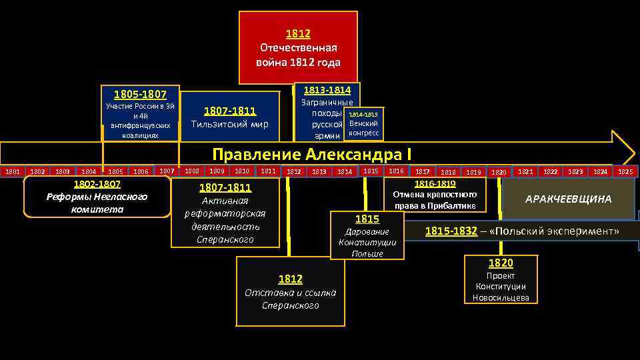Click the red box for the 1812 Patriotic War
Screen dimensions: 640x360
point(298,48)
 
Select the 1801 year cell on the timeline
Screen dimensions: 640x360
point(13,172)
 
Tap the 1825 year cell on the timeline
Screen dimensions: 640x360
point(625,171)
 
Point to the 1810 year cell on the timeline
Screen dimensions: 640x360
point(242,171)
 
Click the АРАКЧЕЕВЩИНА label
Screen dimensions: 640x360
point(568,199)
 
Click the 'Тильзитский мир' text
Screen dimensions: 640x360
point(229,125)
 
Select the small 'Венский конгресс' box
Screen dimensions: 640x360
point(363,128)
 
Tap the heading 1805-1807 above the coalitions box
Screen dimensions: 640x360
point(140,95)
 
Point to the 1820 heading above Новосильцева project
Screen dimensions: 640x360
point(501,263)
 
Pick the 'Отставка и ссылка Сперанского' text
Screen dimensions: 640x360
point(290,299)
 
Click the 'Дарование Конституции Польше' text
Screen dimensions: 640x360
point(367,243)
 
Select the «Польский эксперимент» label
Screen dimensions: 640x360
point(555,231)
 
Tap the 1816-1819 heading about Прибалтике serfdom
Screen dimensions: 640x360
point(435,183)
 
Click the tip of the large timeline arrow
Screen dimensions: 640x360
point(633,148)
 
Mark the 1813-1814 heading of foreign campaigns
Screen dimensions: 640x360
point(327,90)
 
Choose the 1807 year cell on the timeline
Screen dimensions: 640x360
point(167,171)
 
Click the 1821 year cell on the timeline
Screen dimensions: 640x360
point(525,171)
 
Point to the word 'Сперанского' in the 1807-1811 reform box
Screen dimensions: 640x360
point(225,239)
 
